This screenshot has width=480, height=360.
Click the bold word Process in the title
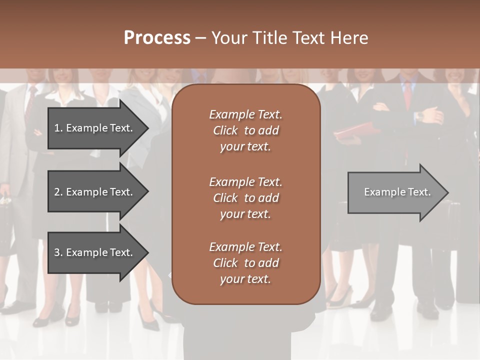[157, 38]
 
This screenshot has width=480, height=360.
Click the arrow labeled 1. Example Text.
[95, 128]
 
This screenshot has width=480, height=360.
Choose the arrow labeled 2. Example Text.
[95, 192]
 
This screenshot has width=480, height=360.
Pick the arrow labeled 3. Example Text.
[95, 252]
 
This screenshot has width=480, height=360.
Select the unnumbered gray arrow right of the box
[395, 192]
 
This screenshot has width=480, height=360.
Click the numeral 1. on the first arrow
[58, 128]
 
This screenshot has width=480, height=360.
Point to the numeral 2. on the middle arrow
[58, 192]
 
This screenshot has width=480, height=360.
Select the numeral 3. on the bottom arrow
[58, 252]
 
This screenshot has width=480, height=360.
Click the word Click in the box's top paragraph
[225, 130]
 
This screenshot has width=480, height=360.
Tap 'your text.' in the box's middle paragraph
[245, 214]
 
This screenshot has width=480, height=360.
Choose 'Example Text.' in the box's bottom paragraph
[245, 247]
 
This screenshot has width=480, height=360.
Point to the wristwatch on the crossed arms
[419, 115]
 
